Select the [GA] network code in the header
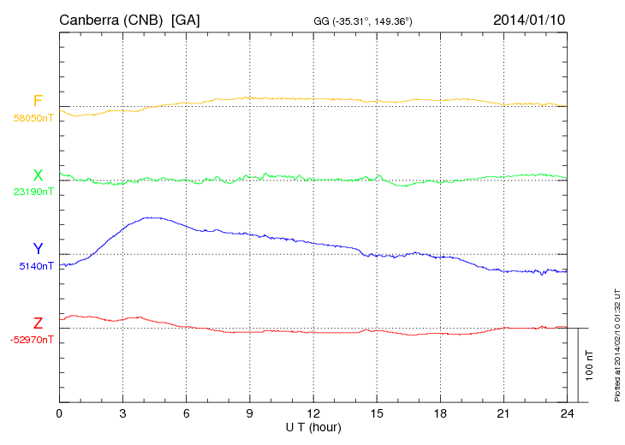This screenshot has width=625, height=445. point(186,20)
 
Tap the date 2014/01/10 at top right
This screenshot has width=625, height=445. point(528,20)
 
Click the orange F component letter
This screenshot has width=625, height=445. point(38,101)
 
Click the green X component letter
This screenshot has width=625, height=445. point(38,175)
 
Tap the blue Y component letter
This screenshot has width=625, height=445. point(38,249)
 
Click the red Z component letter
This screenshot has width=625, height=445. point(38,323)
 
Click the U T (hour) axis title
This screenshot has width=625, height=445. point(312,426)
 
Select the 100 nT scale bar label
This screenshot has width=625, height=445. point(589,365)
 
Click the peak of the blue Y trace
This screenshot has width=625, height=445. point(151,217)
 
